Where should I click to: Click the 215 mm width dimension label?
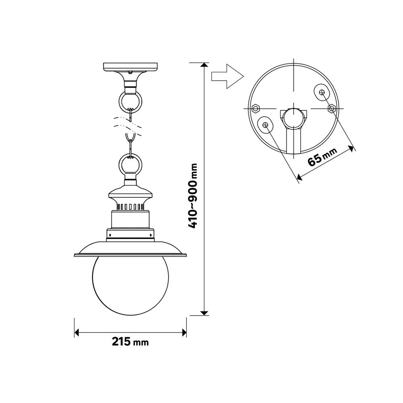130,342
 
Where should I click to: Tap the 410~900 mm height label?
193,196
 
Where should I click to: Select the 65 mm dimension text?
322,157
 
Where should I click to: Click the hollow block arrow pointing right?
227,76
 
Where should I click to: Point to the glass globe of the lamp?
131,285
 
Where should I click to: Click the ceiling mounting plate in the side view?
130,67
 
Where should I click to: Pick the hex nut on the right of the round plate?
332,109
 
